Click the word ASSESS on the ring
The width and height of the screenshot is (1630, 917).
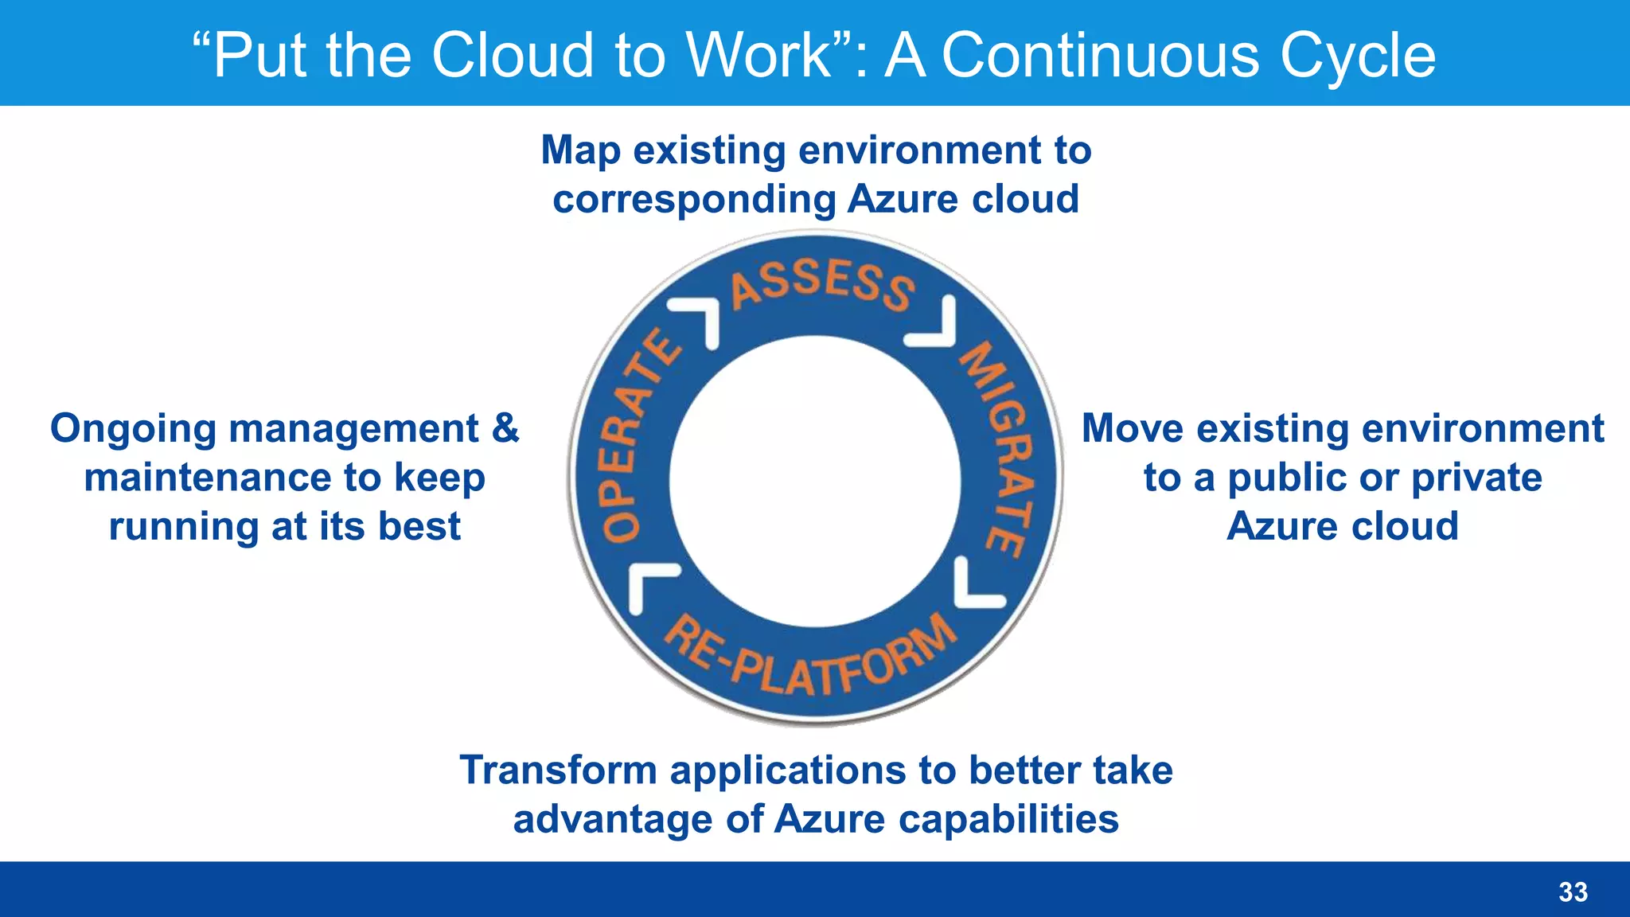823,284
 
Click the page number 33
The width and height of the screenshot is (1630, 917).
1573,892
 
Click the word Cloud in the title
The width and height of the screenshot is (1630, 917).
513,55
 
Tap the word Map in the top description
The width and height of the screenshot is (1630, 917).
580,150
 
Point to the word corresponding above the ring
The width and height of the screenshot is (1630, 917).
692,199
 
